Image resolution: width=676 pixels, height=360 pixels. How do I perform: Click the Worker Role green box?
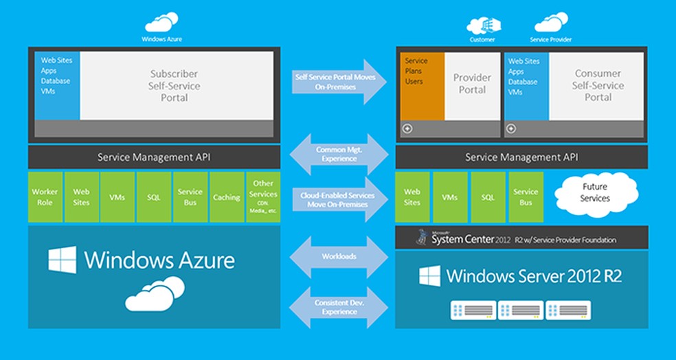point(45,197)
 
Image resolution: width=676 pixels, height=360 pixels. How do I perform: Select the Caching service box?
point(227,197)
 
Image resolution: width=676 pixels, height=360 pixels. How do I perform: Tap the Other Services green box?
point(263,197)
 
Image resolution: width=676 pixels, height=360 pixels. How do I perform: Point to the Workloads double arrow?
point(339,256)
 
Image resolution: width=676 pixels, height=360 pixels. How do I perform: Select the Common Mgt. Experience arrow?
point(339,154)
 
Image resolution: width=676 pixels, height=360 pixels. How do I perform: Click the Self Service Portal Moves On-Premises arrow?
point(339,82)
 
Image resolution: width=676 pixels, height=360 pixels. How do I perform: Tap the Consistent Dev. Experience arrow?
point(339,307)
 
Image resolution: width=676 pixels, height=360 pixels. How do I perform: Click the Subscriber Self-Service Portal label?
point(174,85)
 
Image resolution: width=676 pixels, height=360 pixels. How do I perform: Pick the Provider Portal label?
point(472,84)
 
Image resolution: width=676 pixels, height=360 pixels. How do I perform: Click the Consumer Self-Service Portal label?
point(598,85)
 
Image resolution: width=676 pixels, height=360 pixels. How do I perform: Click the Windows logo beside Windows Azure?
point(63,260)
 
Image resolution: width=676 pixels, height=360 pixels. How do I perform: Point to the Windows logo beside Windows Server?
point(430,276)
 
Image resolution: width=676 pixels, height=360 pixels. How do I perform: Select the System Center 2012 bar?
point(521,238)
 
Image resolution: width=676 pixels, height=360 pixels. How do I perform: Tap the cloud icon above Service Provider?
point(551,23)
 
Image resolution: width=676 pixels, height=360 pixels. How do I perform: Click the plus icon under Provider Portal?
point(407,128)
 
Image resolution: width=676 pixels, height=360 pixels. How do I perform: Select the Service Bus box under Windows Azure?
point(190,197)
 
